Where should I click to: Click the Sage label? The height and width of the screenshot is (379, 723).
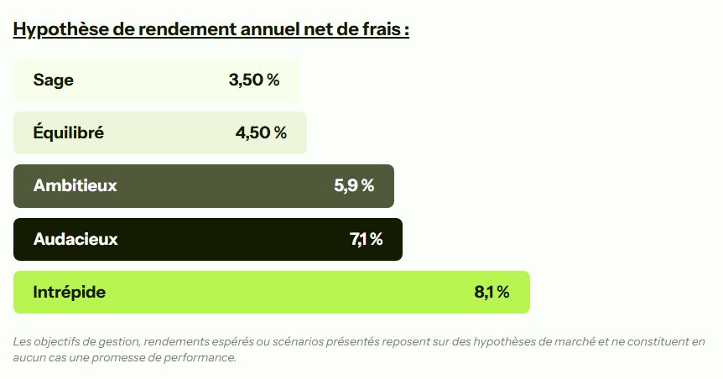coord(54,80)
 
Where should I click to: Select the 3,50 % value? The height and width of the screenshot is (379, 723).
coord(253,80)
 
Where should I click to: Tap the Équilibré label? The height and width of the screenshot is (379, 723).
coord(69,132)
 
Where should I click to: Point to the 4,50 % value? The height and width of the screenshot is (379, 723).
coord(261,132)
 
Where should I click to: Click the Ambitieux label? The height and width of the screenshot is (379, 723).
coord(75,185)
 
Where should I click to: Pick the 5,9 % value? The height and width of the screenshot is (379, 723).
coord(354,185)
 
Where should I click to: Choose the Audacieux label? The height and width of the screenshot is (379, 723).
coord(75,239)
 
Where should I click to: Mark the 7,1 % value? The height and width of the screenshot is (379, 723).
coord(366,239)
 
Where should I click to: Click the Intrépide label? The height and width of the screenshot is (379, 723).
coord(70,292)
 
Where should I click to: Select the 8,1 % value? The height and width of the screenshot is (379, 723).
coord(492,292)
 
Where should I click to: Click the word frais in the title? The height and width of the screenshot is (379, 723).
coord(386,29)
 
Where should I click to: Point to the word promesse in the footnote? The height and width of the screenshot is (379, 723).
coord(127,357)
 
